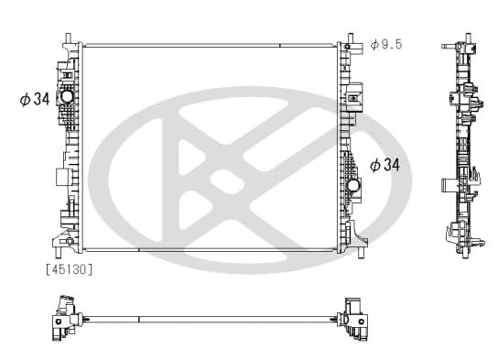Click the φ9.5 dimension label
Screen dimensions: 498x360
coord(386,45)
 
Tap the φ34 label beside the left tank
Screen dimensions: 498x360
coord(35,99)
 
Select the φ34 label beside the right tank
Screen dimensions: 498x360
coord(384,165)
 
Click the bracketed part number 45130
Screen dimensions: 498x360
coord(70,269)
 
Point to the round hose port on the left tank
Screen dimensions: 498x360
coord(67,97)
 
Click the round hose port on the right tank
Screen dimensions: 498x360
coord(352,185)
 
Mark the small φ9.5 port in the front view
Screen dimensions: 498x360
coord(347,47)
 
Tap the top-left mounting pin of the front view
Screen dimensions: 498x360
coord(68,38)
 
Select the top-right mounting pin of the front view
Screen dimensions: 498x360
coord(351,38)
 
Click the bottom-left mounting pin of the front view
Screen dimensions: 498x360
coord(58,252)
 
